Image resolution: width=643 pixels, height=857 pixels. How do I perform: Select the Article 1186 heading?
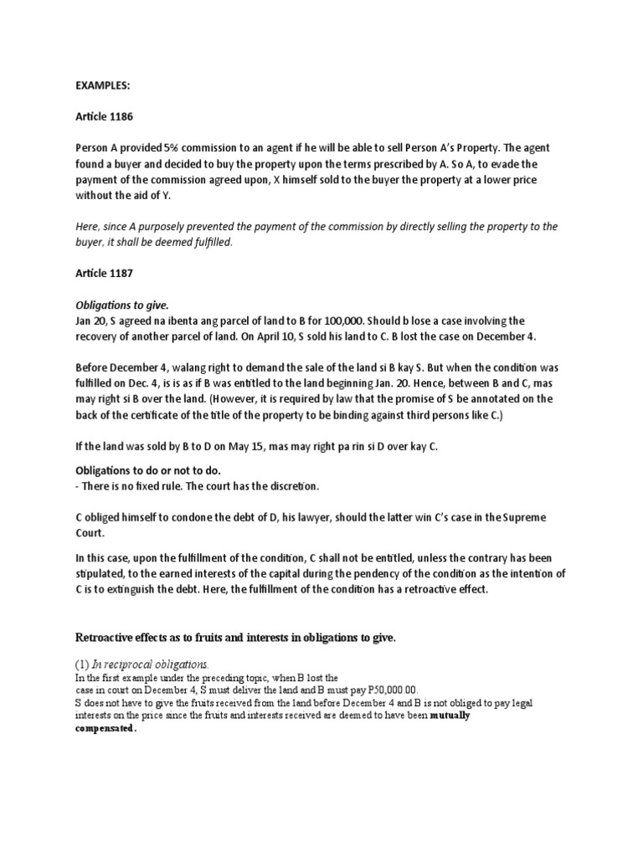[x=106, y=117]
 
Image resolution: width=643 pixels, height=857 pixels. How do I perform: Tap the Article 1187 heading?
[x=106, y=275]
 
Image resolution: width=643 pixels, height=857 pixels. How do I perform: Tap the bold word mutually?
[x=450, y=716]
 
